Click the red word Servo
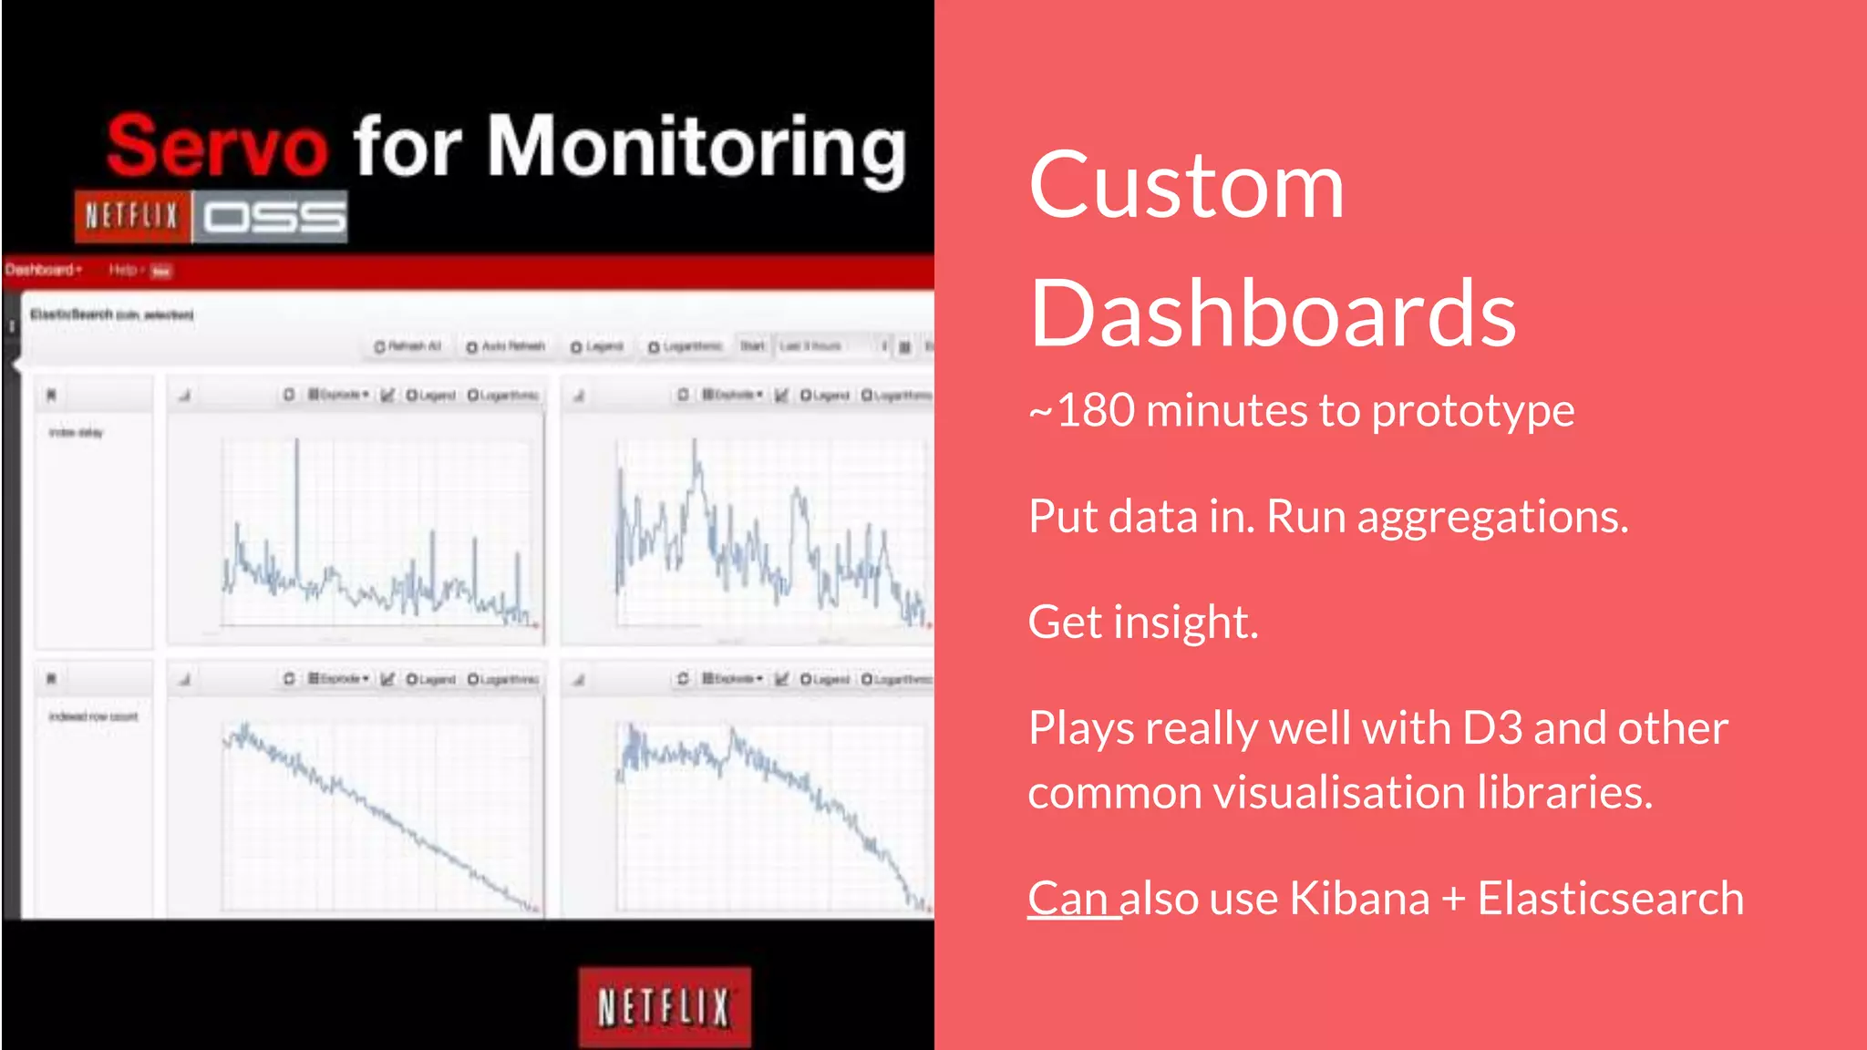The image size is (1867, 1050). (217, 146)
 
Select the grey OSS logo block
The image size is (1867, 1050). (272, 217)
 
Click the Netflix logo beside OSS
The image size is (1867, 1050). (132, 216)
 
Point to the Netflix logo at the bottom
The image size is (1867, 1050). (665, 1007)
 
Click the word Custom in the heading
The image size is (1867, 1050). (1186, 186)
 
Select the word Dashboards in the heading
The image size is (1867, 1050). (1273, 314)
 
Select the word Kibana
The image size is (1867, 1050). (1359, 899)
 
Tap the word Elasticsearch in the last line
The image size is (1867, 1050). (1610, 899)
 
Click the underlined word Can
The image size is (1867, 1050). (1068, 899)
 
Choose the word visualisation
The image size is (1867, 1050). (1339, 792)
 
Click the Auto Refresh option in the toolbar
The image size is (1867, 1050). (506, 346)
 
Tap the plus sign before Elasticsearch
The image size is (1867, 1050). (1453, 899)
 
